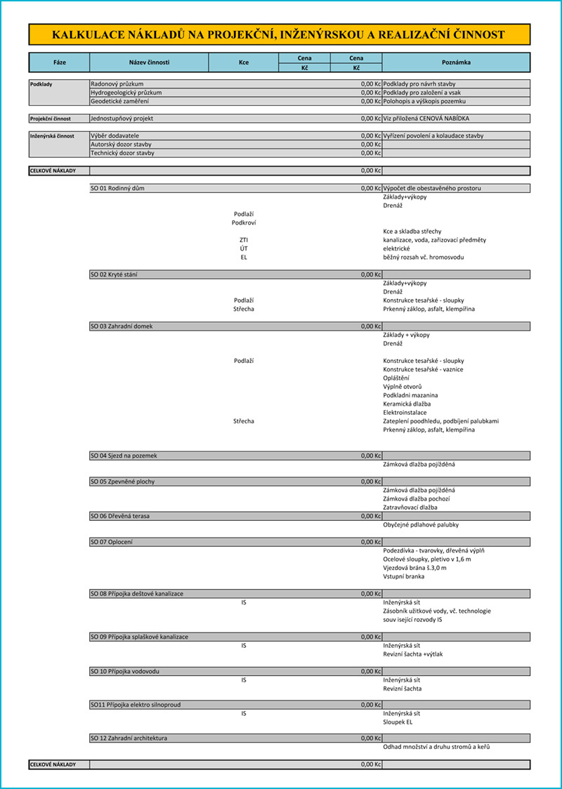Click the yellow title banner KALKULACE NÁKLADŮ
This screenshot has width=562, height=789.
(x=279, y=34)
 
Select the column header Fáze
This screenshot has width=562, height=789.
(x=60, y=62)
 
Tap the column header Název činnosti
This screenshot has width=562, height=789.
(x=149, y=62)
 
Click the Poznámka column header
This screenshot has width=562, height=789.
(x=456, y=62)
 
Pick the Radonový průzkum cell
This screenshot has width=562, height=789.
(x=117, y=84)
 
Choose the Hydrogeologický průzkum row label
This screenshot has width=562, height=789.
(x=126, y=93)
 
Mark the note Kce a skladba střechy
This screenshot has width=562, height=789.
(x=412, y=231)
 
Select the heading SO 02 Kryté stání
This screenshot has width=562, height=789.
(x=115, y=274)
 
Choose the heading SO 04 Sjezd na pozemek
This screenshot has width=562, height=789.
(x=124, y=456)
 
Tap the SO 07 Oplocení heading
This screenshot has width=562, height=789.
(x=112, y=542)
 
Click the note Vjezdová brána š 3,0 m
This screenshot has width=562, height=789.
(x=414, y=567)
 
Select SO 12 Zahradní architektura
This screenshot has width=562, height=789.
(x=129, y=738)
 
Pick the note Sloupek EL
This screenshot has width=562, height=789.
(x=398, y=721)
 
